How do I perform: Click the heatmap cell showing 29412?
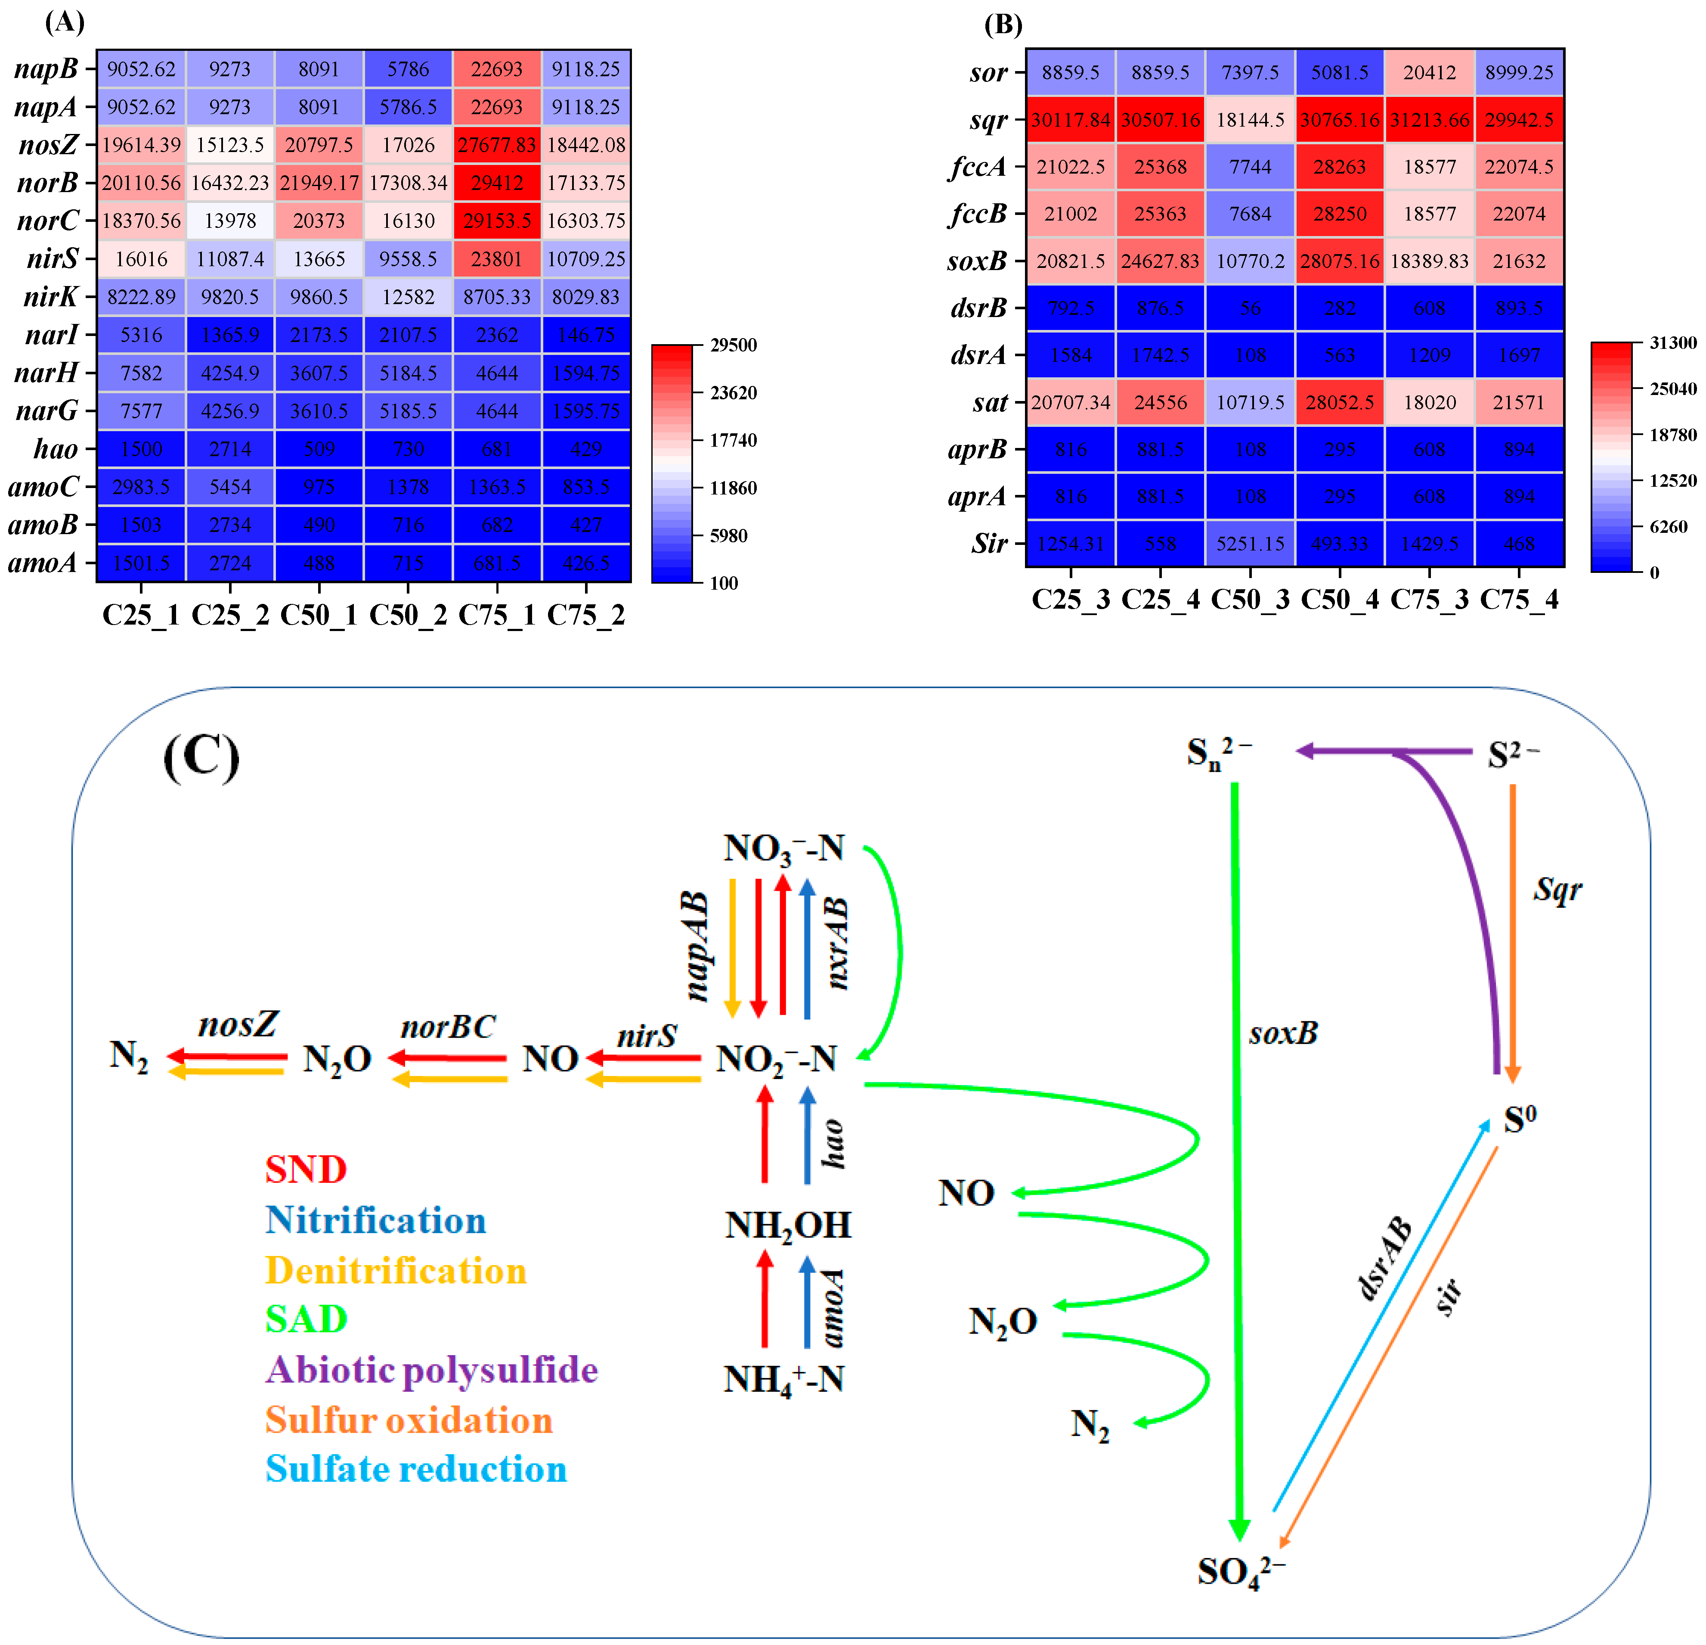(x=497, y=183)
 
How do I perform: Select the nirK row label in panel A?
(x=50, y=297)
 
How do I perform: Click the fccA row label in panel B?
(x=978, y=166)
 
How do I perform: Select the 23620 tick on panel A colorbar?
(x=733, y=393)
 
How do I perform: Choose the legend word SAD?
(x=307, y=1319)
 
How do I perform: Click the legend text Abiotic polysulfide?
(x=432, y=1370)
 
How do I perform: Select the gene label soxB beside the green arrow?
(x=1283, y=1034)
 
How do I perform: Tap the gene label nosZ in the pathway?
(x=238, y=1025)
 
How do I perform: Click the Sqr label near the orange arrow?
(x=1557, y=890)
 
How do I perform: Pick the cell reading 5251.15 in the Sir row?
(x=1250, y=544)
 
